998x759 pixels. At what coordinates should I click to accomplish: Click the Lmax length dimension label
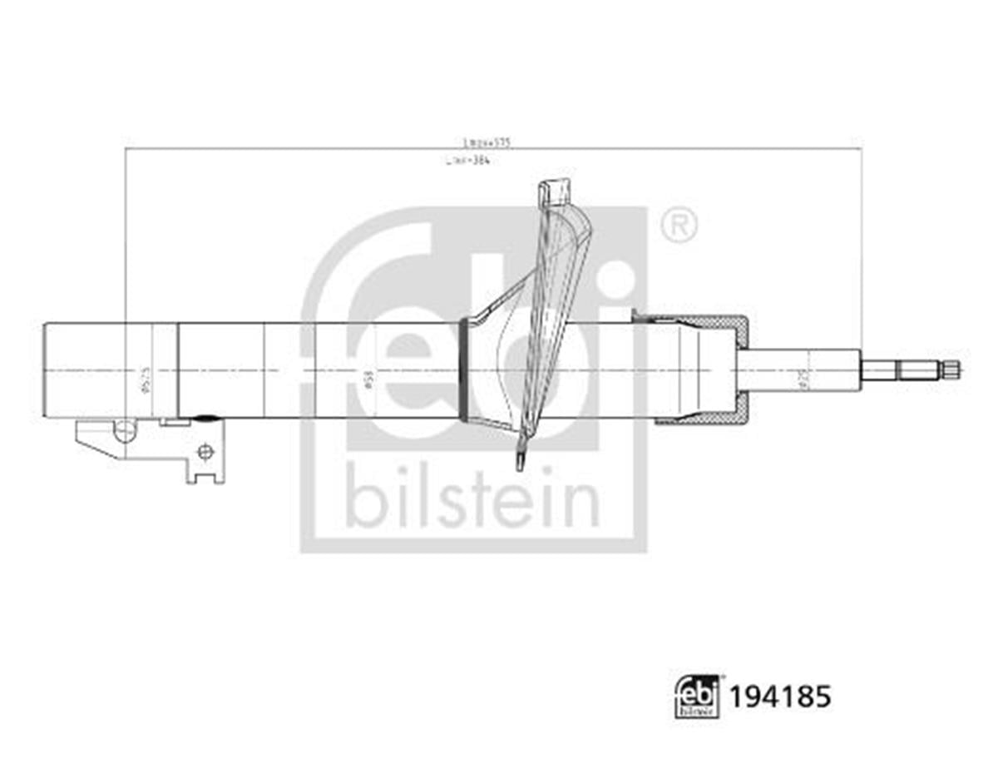tap(487, 142)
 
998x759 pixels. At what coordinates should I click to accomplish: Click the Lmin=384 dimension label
tap(477, 161)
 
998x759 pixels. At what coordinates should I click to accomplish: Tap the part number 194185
tap(779, 696)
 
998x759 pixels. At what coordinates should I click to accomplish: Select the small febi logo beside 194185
tap(697, 697)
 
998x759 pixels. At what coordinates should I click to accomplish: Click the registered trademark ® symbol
tap(679, 226)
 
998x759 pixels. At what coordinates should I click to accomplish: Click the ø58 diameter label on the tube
tap(368, 380)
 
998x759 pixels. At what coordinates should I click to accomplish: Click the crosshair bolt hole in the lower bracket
tap(205, 452)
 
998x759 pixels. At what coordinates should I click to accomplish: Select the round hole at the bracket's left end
tap(125, 430)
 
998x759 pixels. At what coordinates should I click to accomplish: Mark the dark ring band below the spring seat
tap(463, 370)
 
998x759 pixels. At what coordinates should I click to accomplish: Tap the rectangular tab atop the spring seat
tap(556, 191)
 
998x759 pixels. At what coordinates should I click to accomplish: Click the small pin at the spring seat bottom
tap(521, 459)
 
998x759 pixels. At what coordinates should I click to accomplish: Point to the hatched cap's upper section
tap(699, 320)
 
